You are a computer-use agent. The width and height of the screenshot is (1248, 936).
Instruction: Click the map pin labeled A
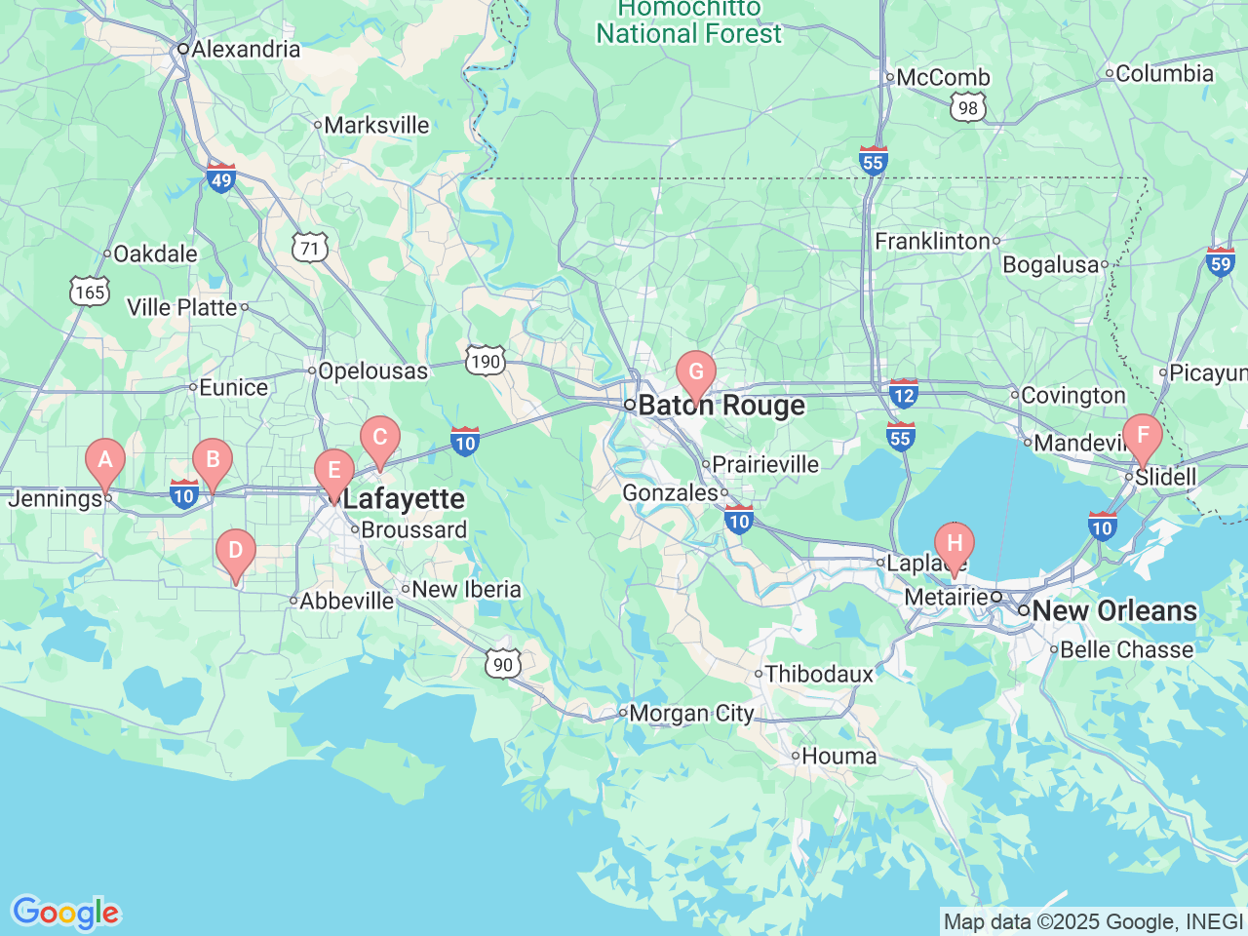[105, 460]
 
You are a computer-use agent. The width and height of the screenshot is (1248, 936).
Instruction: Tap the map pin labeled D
[235, 551]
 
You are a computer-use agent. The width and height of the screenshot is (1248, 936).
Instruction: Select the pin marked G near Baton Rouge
[696, 372]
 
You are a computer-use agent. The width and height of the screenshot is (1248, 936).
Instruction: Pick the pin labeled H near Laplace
[954, 544]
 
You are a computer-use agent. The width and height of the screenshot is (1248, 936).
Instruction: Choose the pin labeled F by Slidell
[1142, 436]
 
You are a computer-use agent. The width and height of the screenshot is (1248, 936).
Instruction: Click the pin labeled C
[380, 438]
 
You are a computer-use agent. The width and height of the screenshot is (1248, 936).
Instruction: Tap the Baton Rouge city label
[721, 406]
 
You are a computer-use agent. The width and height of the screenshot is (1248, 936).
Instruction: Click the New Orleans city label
[1113, 611]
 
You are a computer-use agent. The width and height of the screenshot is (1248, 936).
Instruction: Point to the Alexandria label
[246, 49]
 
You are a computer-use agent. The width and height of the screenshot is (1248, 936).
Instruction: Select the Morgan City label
[691, 714]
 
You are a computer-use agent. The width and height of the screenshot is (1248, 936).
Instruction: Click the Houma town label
[838, 757]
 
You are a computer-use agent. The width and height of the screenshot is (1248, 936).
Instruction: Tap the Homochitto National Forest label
[688, 21]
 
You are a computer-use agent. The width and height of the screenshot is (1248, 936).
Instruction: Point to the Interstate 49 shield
[221, 178]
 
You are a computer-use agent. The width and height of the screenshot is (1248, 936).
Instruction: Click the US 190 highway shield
[485, 361]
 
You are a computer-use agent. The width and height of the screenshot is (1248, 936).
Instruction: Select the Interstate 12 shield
[904, 394]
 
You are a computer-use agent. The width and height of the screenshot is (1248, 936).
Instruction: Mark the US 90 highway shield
[503, 665]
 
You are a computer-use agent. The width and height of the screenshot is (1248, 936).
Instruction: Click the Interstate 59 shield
[1221, 262]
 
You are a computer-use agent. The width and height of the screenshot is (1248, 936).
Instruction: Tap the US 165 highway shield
[90, 292]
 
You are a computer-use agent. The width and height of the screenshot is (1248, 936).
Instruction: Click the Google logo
[65, 913]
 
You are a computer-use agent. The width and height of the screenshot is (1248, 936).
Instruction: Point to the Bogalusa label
[1051, 265]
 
